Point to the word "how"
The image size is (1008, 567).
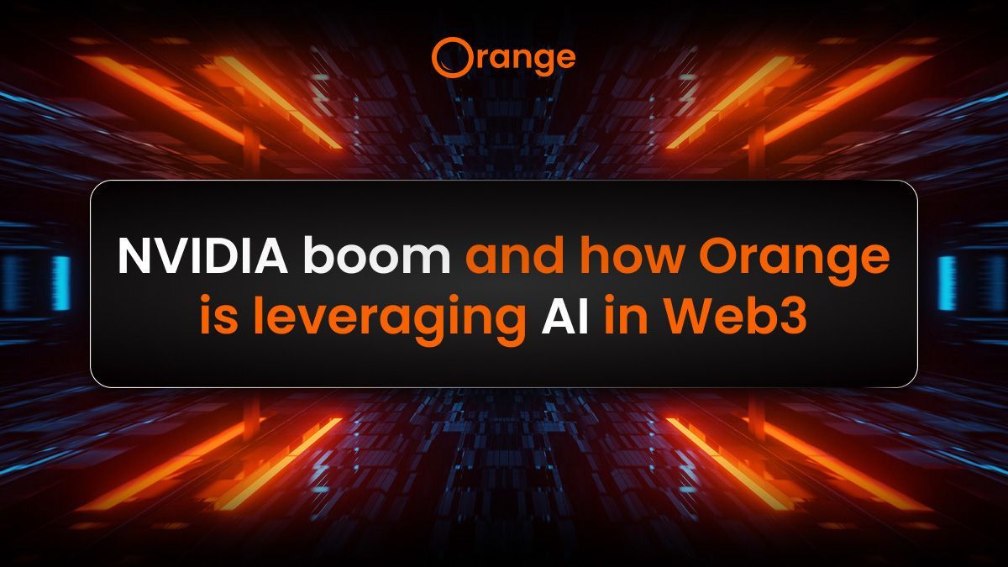point(634,256)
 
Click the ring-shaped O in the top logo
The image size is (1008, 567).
point(447,57)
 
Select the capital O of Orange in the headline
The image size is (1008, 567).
point(722,256)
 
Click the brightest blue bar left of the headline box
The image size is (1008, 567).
point(60,282)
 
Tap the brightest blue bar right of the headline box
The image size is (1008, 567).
point(947,282)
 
